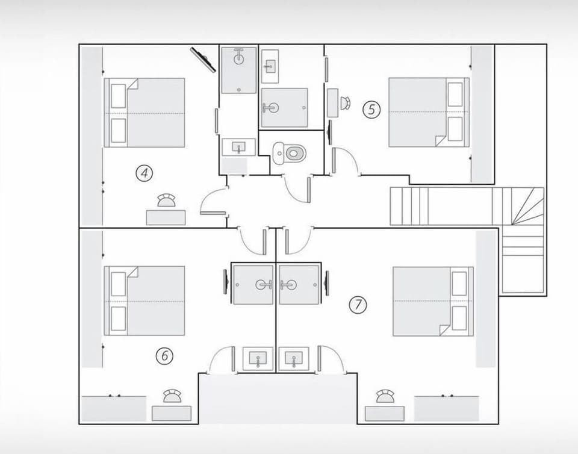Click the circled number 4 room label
(x=144, y=173)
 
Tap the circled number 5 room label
(x=372, y=110)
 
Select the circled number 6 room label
(x=164, y=356)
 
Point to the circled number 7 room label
(x=358, y=305)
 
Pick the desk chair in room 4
(x=166, y=201)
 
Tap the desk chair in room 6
(x=172, y=396)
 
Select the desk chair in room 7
(x=384, y=396)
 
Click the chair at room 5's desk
(x=345, y=103)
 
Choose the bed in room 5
(x=428, y=112)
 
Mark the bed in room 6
(x=144, y=300)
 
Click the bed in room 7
(x=432, y=301)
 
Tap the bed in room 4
(x=144, y=113)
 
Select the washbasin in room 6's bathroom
(x=258, y=359)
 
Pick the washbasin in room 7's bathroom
(x=294, y=359)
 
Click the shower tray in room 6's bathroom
(x=253, y=284)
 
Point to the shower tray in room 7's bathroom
(x=299, y=284)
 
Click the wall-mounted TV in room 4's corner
(x=203, y=59)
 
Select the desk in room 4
(x=166, y=217)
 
